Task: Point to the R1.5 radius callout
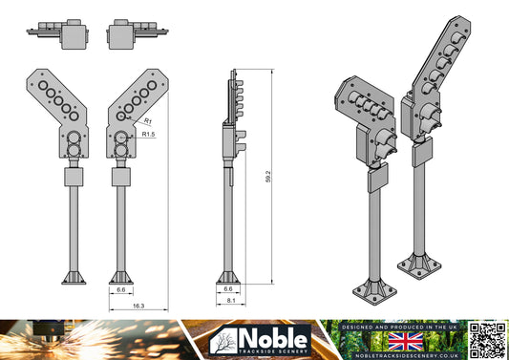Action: (148, 136)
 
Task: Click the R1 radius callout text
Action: (149, 121)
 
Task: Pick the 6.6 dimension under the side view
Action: (227, 287)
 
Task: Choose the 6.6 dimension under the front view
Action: (121, 287)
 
